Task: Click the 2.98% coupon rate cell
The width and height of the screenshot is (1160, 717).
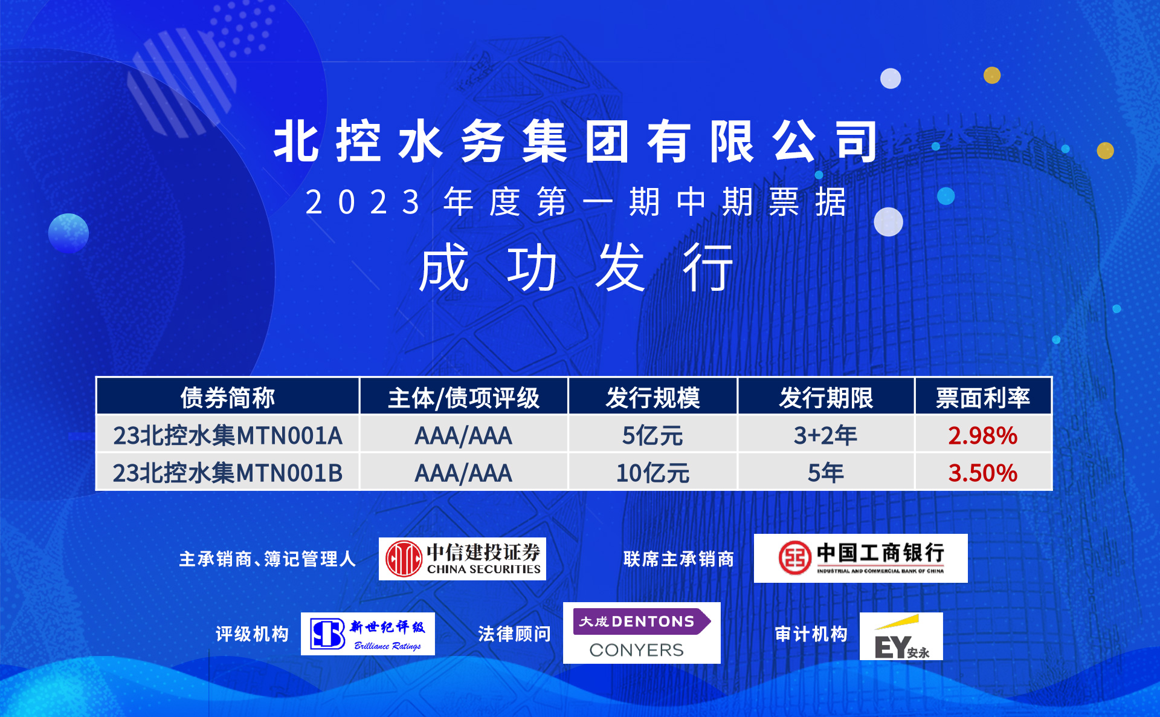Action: (983, 435)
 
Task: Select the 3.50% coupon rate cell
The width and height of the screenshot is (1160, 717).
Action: (983, 472)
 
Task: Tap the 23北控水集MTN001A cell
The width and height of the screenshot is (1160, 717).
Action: (228, 435)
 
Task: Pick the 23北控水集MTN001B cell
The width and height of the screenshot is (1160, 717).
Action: (228, 472)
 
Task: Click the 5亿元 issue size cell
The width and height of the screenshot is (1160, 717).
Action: (652, 435)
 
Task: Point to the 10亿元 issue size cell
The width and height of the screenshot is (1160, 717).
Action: (652, 472)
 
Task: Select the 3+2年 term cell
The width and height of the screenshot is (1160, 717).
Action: (825, 435)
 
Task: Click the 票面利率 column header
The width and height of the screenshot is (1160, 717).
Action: (983, 397)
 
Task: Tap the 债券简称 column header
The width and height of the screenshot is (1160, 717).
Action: (228, 397)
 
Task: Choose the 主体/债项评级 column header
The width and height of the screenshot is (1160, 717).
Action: (463, 397)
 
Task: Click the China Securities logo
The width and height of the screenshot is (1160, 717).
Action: (462, 559)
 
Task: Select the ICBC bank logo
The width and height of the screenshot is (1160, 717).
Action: (860, 558)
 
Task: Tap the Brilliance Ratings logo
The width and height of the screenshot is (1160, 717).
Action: (367, 634)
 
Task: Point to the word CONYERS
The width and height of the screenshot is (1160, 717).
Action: (636, 650)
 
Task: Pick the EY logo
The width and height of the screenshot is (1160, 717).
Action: (901, 636)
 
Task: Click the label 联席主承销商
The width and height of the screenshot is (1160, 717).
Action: (678, 559)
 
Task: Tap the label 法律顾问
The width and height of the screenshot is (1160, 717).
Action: (514, 634)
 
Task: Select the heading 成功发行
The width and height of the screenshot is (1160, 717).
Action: (576, 267)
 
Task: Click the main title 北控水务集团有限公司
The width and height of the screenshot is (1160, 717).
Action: (576, 141)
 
